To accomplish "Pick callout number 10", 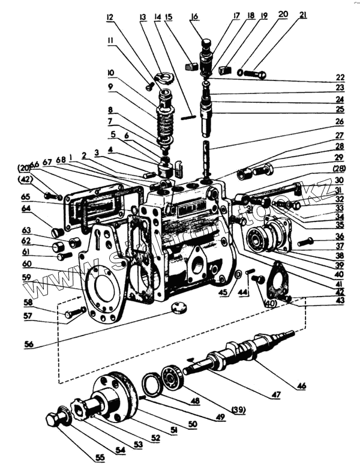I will click(110, 72).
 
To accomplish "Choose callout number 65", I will click(43, 196).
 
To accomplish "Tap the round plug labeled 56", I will click(179, 308).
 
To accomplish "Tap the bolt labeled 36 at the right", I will click(305, 242).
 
